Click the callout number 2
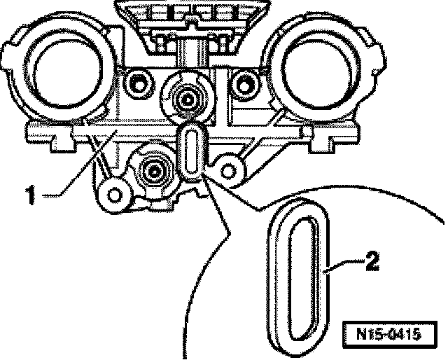coord(372,263)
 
